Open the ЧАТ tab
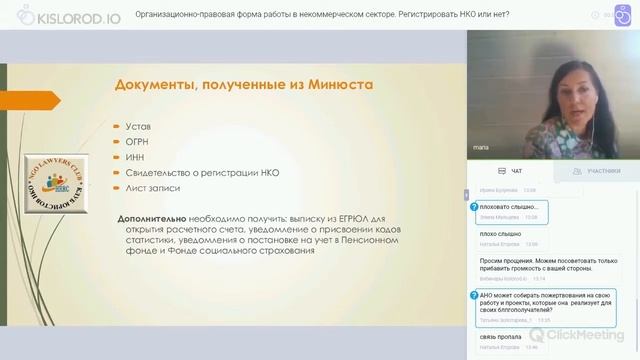pos(511,172)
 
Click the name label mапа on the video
pos(481,148)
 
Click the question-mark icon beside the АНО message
pos(474,296)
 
